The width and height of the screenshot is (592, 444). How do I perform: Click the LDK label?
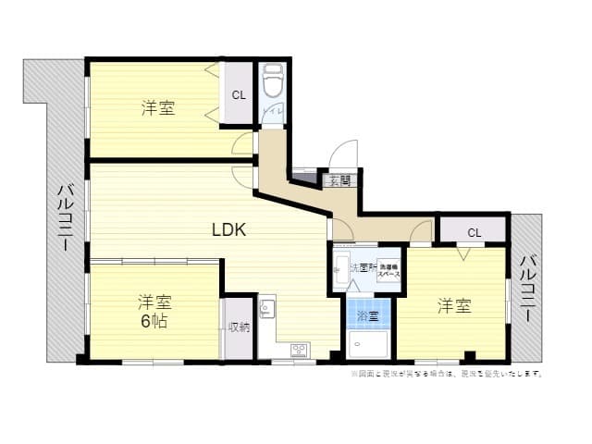click(228, 229)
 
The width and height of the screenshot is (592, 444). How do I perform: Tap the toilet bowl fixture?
click(272, 84)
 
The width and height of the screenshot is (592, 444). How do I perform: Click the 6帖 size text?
click(154, 320)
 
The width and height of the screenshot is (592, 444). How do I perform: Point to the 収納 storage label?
click(240, 327)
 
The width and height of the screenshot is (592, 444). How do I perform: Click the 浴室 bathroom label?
click(367, 316)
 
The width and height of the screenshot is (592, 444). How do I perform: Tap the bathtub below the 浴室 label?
click(368, 345)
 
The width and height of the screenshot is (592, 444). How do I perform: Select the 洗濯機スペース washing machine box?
click(388, 271)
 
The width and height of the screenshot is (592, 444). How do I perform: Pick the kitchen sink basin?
click(266, 308)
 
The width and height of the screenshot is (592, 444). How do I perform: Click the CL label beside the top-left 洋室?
click(239, 94)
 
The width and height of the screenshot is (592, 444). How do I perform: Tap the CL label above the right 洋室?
click(473, 232)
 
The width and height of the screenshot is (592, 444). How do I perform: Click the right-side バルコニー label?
click(526, 288)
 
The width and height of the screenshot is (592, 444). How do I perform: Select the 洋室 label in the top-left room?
click(158, 108)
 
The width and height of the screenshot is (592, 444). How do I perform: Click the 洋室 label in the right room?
click(454, 305)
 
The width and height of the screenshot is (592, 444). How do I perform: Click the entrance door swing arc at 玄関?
click(343, 154)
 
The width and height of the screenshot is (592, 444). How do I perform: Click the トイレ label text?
click(273, 113)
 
